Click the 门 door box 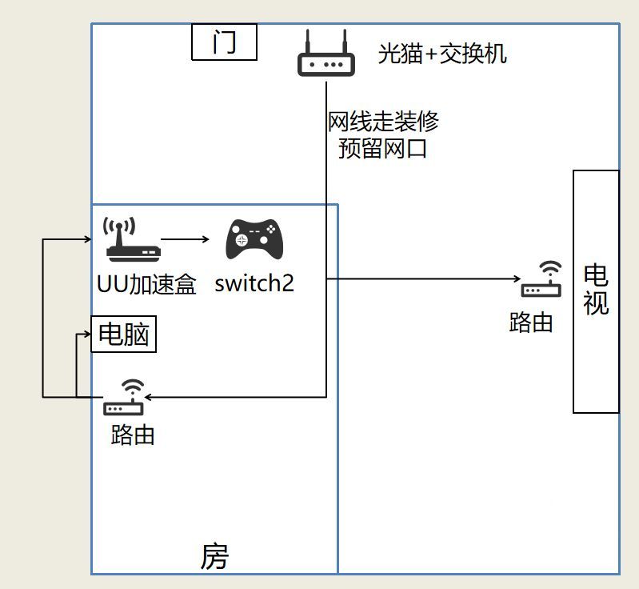pyautogui.click(x=224, y=42)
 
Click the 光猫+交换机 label pyautogui.click(x=442, y=54)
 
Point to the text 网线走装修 pyautogui.click(x=383, y=122)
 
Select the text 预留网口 pyautogui.click(x=382, y=148)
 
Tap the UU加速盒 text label pyautogui.click(x=146, y=284)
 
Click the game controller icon pyautogui.click(x=255, y=238)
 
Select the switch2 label pyautogui.click(x=254, y=283)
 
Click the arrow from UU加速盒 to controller pyautogui.click(x=185, y=238)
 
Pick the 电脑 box pyautogui.click(x=124, y=335)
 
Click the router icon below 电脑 pyautogui.click(x=124, y=398)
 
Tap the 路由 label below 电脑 pyautogui.click(x=133, y=435)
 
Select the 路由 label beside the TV pyautogui.click(x=532, y=323)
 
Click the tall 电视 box pyautogui.click(x=596, y=291)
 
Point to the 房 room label pyautogui.click(x=214, y=556)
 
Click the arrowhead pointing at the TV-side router pyautogui.click(x=517, y=279)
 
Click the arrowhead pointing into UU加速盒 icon pyautogui.click(x=90, y=238)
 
